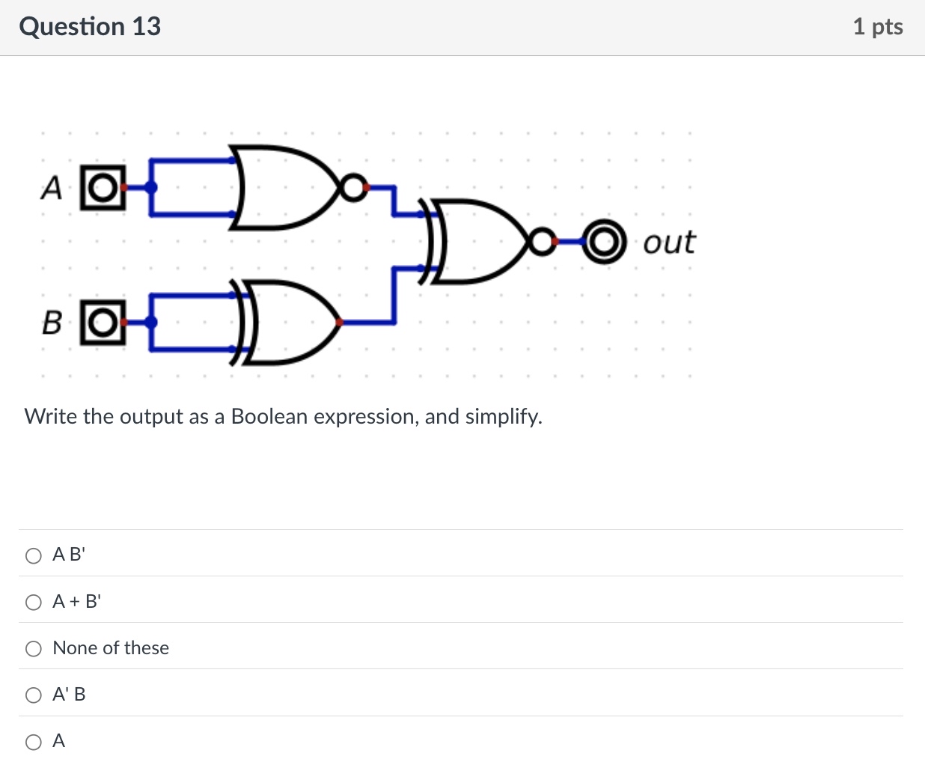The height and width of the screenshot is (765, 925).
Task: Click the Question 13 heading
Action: [x=90, y=26]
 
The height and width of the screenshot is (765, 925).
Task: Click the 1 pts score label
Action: [x=877, y=26]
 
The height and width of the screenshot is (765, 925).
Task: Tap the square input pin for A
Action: [x=103, y=187]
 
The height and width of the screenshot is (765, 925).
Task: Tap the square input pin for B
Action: [x=103, y=322]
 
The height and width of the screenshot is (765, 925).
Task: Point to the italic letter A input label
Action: [x=51, y=188]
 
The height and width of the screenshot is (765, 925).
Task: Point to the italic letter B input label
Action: [x=52, y=323]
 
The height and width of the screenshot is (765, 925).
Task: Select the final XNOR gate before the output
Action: [x=479, y=241]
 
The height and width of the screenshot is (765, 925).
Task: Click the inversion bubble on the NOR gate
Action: [x=352, y=187]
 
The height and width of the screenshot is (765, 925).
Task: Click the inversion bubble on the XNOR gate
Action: [x=540, y=241]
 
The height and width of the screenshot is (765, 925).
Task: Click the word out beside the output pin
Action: [x=668, y=242]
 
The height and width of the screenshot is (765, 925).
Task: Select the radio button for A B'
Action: [x=34, y=555]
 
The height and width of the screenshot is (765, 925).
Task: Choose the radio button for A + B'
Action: [x=34, y=602]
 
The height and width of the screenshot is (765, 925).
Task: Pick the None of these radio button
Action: [x=34, y=649]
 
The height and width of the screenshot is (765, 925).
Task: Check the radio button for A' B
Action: [x=34, y=695]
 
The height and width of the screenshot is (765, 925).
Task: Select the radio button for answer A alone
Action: [x=34, y=742]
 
